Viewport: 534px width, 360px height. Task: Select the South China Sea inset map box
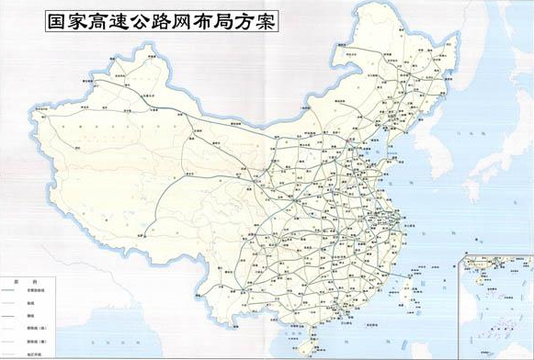[x=495, y=304]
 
